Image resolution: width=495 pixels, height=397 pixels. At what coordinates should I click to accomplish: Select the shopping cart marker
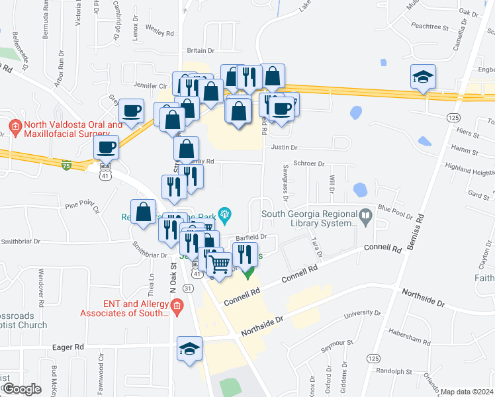point(219,263)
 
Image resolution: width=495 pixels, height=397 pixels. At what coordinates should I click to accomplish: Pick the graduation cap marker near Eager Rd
point(189,348)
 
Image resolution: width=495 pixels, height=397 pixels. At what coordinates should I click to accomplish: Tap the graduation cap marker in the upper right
point(422,76)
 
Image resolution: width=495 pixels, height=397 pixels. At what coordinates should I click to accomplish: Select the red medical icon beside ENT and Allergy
point(176,305)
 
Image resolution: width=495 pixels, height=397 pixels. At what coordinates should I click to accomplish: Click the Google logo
point(22,389)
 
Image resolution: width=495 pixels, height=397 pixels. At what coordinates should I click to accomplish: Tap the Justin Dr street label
point(285,148)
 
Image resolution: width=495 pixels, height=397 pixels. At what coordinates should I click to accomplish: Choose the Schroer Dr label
point(308,163)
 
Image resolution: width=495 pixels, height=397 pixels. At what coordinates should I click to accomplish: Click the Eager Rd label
point(69,346)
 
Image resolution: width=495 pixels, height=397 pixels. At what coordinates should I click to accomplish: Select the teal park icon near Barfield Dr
point(224,213)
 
